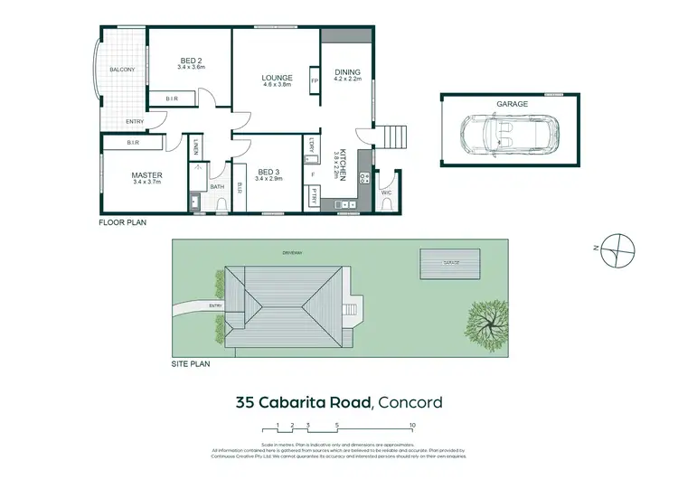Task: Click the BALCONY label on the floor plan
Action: pos(122,70)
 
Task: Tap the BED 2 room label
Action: pos(192,63)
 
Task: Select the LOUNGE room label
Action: pos(277,79)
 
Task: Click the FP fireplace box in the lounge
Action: pos(315,80)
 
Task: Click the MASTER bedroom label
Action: pos(146,175)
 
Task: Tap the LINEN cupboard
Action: pos(196,146)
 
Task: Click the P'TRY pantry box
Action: pos(312,196)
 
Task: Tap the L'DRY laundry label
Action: pos(312,146)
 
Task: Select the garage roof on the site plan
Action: pos(448,262)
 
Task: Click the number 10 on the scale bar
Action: pos(412,425)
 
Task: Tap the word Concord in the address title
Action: pos(409,402)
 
